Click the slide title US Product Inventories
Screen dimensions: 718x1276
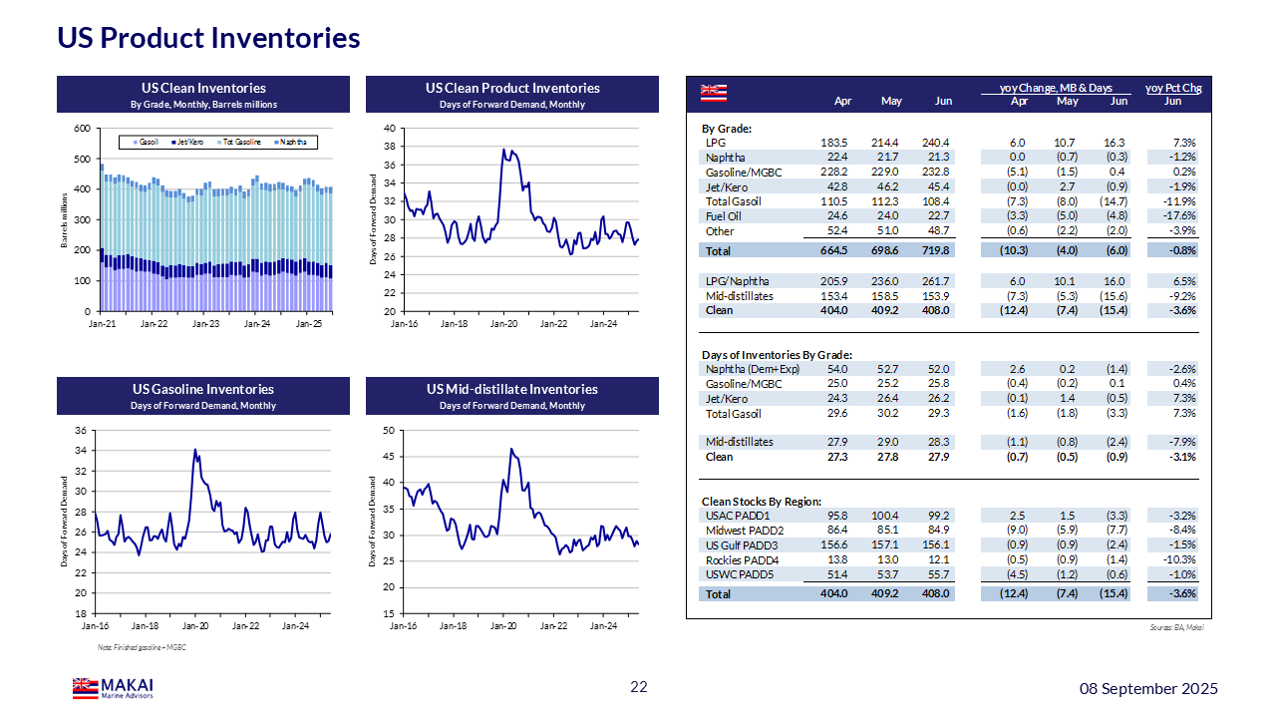point(208,38)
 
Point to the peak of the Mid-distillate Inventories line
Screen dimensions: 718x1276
point(511,449)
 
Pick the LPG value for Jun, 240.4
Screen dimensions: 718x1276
point(938,143)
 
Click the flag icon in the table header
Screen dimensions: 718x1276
point(713,92)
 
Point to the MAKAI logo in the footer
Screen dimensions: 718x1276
point(113,688)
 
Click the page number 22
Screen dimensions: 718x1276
point(638,687)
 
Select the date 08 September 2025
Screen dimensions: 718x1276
point(1151,688)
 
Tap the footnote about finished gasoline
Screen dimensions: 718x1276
point(143,648)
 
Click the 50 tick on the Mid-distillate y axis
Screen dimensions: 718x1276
point(391,430)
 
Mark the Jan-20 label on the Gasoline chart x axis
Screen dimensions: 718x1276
point(195,626)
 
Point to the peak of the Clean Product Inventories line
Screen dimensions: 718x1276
point(503,150)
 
